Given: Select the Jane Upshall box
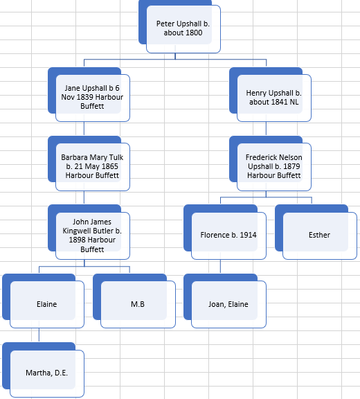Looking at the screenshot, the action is [93, 98].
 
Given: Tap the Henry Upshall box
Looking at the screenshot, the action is [274, 98].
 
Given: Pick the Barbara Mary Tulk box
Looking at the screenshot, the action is [93, 167].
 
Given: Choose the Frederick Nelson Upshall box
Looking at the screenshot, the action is [274, 167].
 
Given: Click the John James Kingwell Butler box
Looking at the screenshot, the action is [93, 236].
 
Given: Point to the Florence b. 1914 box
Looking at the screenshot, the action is [229, 236].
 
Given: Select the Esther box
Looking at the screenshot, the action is [320, 236].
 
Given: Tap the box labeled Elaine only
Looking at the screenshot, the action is [47, 304].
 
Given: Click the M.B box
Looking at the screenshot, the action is [138, 304].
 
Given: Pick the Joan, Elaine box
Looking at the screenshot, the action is [229, 304].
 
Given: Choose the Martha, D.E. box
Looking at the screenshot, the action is [47, 373].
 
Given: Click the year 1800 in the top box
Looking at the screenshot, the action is [193, 33].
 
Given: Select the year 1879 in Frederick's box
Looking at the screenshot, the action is [291, 166].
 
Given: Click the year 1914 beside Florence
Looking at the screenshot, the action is [248, 235].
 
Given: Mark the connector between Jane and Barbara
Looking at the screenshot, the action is [84, 129].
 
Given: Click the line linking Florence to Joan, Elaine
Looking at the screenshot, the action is [220, 266].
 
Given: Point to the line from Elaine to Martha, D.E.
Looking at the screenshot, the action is [39, 335].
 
